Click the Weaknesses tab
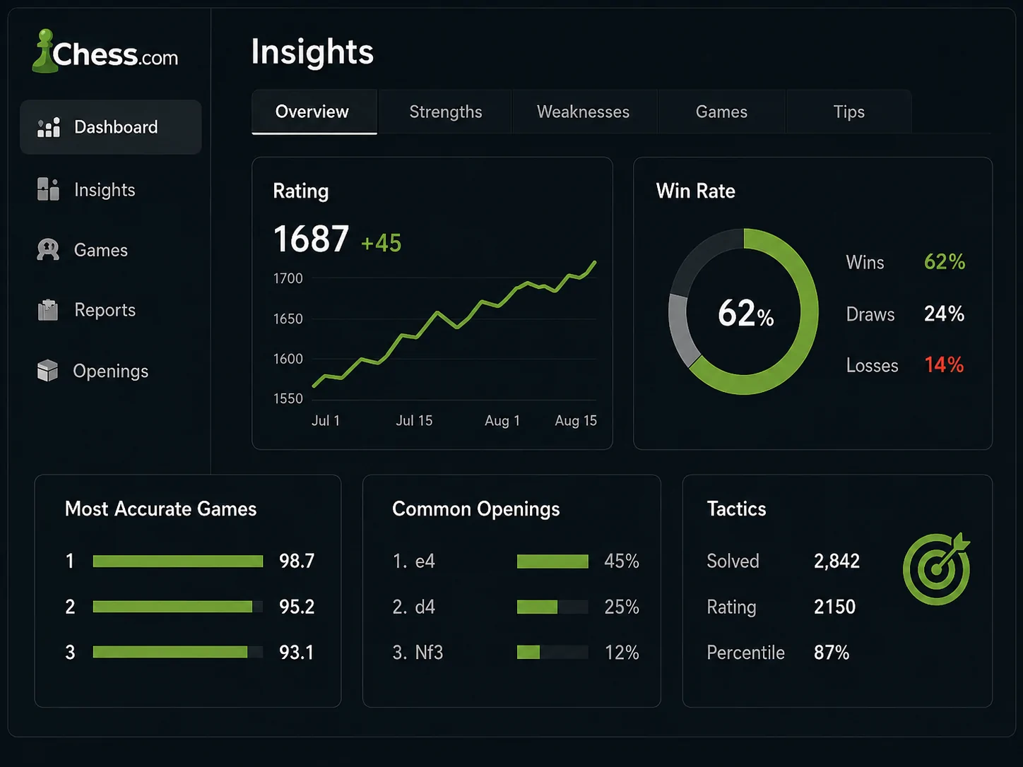583,112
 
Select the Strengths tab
446,112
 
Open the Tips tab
848,112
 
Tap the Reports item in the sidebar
105,310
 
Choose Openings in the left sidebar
110,371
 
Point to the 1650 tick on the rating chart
288,319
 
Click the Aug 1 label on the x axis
502,420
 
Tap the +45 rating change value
381,243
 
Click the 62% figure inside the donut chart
745,313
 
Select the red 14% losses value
944,364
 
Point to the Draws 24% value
944,314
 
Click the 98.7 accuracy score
297,561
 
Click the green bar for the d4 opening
537,607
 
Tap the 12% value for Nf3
622,653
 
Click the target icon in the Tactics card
936,569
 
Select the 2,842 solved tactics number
836,561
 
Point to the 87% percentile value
832,653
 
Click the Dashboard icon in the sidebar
49,127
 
